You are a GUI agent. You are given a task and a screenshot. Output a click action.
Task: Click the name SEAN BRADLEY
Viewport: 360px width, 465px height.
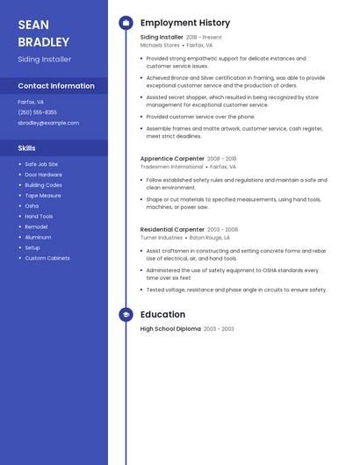point(43,32)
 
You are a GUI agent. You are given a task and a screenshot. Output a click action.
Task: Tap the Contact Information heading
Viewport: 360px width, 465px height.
point(56,86)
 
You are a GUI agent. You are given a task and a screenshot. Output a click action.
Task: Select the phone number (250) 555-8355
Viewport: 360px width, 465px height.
point(37,112)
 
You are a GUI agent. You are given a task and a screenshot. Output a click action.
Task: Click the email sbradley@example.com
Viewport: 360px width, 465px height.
point(48,123)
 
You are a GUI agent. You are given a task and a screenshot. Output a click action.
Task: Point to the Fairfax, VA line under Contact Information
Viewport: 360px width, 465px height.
point(31,102)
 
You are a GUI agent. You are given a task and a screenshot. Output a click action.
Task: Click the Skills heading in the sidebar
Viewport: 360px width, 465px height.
point(27,148)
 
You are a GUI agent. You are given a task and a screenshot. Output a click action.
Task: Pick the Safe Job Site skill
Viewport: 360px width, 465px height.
point(41,164)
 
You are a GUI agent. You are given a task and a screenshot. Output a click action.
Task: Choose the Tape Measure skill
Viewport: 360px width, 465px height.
point(43,196)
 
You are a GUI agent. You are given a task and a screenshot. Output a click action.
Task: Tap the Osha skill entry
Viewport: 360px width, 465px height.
point(32,206)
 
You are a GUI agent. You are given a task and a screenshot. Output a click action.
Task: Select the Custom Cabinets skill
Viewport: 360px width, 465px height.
point(47,258)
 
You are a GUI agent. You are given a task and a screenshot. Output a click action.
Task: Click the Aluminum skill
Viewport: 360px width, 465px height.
point(38,237)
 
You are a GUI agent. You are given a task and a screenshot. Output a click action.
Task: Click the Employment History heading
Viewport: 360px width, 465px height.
point(185,23)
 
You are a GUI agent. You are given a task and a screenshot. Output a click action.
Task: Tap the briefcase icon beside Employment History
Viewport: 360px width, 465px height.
point(126,23)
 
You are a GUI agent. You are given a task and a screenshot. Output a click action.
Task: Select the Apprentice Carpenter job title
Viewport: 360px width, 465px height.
point(172,158)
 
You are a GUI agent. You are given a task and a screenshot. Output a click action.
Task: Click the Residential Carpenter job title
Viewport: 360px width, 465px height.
point(172,229)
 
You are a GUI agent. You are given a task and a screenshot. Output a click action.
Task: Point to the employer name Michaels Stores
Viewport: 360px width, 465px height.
point(160,45)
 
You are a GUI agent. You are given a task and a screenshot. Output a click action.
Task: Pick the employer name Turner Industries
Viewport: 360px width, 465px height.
point(162,237)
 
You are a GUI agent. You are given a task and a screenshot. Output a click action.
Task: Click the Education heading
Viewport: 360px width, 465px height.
point(162,314)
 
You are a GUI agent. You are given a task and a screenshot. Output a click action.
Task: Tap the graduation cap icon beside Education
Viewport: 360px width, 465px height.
point(126,314)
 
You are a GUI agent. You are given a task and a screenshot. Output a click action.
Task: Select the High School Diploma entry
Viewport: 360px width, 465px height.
point(170,329)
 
